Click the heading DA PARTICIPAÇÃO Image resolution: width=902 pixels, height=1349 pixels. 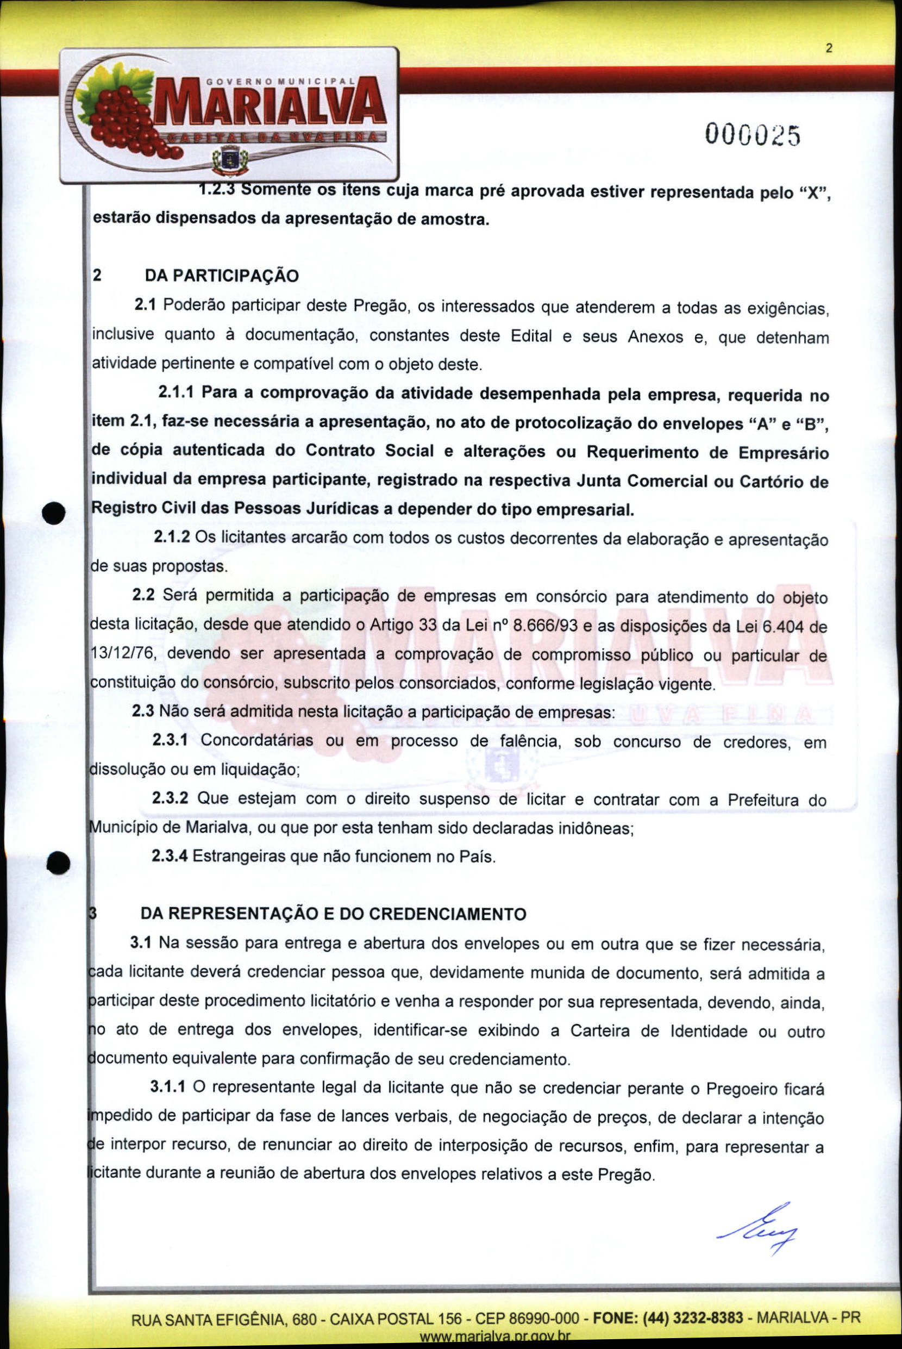coord(222,276)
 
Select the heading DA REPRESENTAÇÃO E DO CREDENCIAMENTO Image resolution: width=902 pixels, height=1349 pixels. coord(333,914)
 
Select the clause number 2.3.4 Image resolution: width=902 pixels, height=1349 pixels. coord(169,857)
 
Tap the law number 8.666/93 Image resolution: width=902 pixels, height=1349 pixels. coord(545,626)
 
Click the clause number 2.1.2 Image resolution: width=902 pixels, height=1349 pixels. coord(171,538)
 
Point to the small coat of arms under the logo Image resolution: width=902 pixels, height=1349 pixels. coord(229,159)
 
